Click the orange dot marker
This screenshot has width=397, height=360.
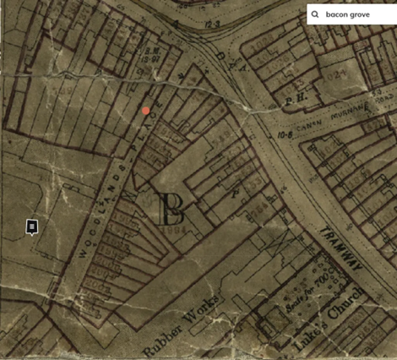146,111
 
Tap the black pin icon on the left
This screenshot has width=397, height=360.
31,226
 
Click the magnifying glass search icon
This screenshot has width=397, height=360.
315,14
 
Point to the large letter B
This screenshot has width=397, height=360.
171,208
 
